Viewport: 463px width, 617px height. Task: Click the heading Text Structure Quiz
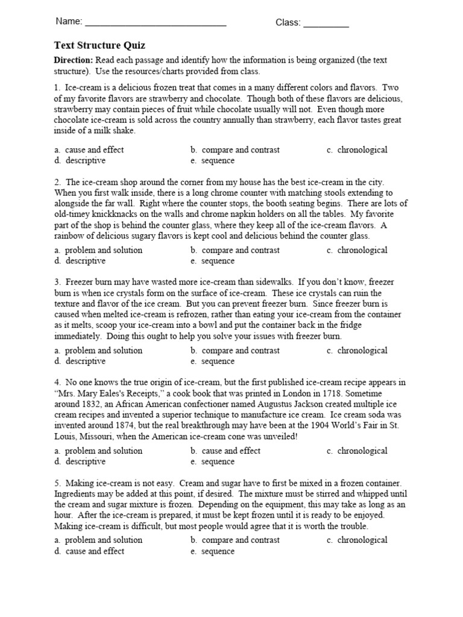click(99, 46)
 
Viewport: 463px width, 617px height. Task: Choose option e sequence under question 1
click(218, 161)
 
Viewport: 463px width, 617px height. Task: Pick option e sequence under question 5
click(218, 551)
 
